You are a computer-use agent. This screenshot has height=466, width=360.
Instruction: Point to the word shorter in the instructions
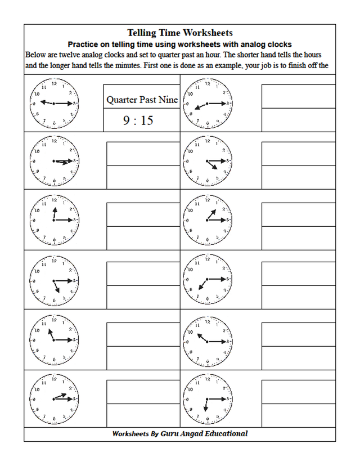pos(244,55)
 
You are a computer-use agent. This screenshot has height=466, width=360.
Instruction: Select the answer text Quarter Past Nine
pos(142,100)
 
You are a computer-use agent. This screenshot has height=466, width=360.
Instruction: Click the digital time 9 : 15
pos(138,120)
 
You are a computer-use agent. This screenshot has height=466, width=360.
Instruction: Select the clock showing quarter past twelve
pos(53,220)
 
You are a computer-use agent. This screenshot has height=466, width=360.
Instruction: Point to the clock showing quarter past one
pos(206,220)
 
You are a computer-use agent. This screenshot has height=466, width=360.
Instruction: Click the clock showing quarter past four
pos(206,161)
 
